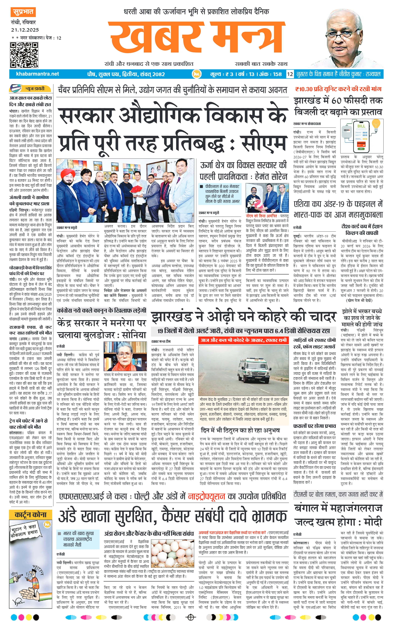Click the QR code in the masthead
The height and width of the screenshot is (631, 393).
[24, 55]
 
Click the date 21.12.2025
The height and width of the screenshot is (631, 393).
[25, 30]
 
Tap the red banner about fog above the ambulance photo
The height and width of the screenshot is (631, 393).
[244, 340]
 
